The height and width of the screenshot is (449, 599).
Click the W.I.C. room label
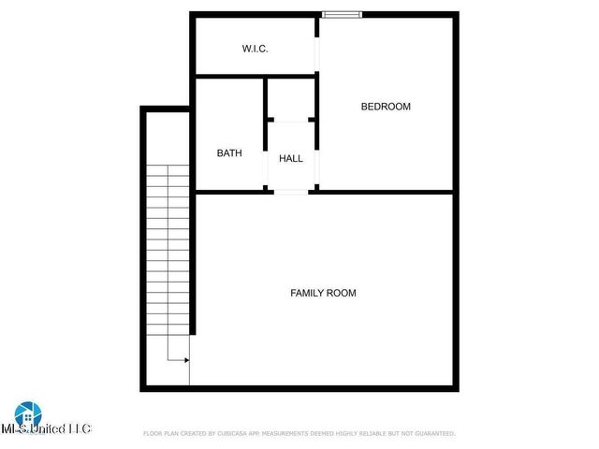tap(255, 48)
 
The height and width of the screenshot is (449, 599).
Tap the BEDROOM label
tap(386, 107)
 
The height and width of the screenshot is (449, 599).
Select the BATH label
tap(230, 152)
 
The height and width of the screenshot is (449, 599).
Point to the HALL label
tap(291, 158)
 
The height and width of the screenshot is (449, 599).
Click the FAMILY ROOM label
tap(323, 293)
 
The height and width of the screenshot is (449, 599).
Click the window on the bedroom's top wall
tap(341, 14)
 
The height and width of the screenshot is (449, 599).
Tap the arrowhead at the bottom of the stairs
tap(186, 359)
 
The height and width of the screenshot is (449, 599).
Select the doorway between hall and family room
tap(291, 192)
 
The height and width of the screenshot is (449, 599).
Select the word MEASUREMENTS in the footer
tap(293, 434)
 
